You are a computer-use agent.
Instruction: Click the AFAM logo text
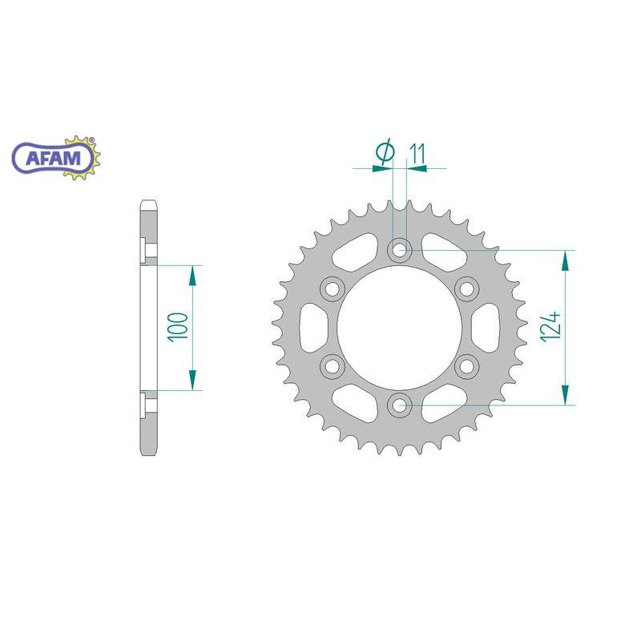53,158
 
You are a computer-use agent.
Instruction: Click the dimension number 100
177,326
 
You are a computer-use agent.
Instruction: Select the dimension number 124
550,327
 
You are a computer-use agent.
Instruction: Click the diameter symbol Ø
385,151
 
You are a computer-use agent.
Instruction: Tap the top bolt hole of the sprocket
399,249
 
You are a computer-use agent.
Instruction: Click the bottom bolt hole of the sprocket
399,405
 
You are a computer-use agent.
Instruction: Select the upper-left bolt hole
332,288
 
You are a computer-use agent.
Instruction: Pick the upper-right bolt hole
467,288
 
